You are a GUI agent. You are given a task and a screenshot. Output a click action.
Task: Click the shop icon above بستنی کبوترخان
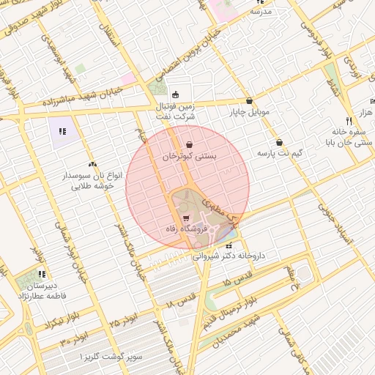pos(190,144)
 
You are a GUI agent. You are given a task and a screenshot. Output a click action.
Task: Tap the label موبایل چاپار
pos(250,113)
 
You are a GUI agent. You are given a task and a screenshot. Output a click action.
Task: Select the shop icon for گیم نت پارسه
pos(279,143)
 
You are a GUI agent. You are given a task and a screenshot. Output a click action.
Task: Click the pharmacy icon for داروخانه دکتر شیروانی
pos(231,246)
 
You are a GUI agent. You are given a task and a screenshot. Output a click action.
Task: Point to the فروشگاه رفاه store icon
pos(186,218)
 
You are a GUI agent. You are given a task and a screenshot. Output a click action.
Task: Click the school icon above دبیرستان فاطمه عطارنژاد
pos(41,274)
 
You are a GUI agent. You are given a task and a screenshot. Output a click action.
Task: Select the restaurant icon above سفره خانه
pos(349,121)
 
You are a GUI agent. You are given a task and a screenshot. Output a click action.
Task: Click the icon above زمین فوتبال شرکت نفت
pos(174,94)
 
